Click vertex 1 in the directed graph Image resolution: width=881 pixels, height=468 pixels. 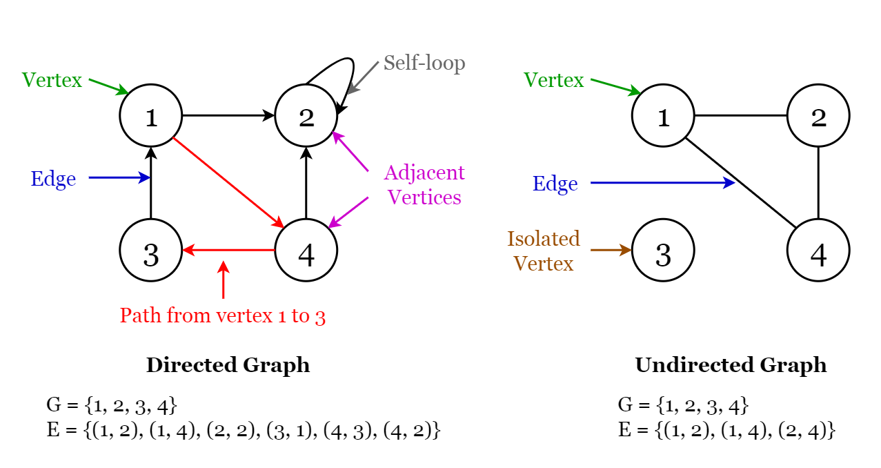(150, 116)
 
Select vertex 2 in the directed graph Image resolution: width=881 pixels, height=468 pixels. (306, 116)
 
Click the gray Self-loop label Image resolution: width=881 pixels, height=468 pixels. (424, 64)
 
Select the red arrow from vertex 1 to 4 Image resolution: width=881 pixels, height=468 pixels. (228, 183)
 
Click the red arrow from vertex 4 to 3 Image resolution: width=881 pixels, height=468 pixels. (228, 251)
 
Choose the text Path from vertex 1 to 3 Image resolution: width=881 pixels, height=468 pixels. (222, 316)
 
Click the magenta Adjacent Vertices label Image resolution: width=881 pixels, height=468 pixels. (424, 185)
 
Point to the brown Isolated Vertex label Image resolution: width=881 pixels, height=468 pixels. (544, 251)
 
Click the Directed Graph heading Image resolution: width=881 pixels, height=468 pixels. (228, 365)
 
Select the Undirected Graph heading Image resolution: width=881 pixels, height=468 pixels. (731, 365)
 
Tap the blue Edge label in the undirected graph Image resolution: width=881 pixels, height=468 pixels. (555, 184)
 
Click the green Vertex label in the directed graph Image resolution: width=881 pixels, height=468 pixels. (52, 80)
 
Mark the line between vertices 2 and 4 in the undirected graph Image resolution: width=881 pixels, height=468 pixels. (818, 183)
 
